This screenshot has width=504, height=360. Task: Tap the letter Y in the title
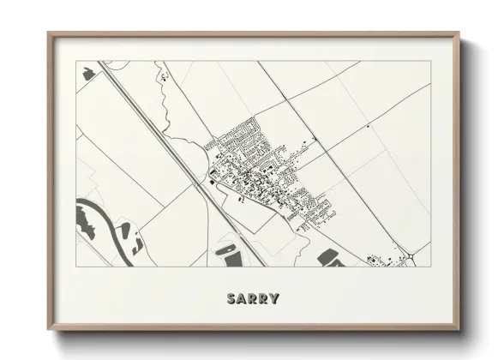(x=273, y=299)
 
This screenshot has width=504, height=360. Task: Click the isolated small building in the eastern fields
(x=368, y=127)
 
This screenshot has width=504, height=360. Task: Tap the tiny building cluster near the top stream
(x=162, y=79)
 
